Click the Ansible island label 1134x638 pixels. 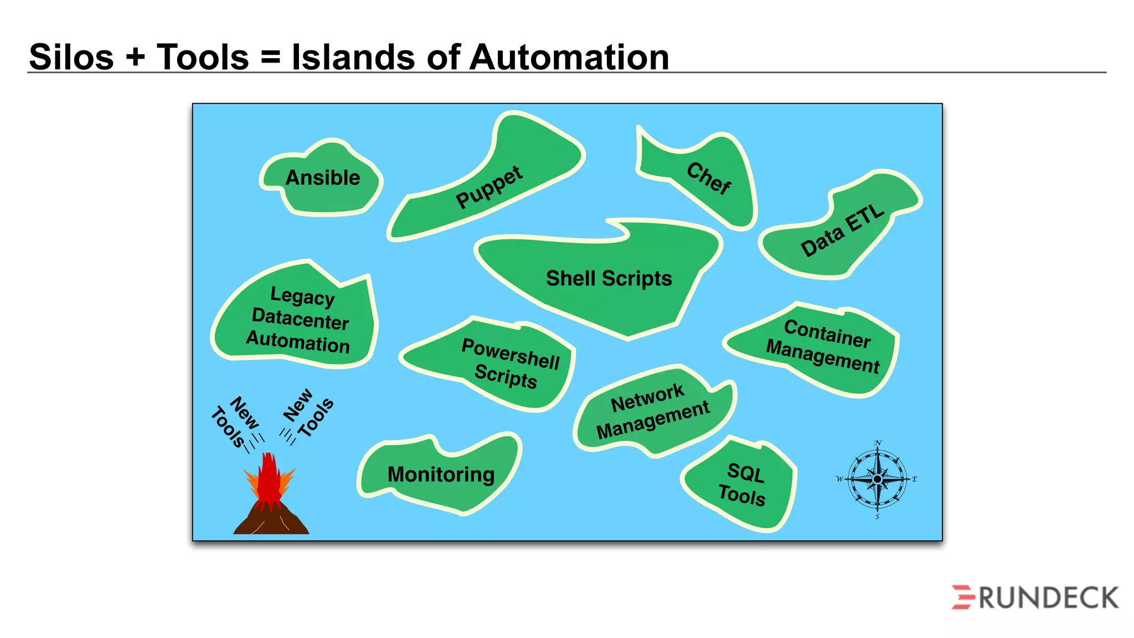pyautogui.click(x=323, y=178)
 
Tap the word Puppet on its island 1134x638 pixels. pyautogui.click(x=489, y=187)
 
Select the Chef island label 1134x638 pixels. pyautogui.click(x=709, y=178)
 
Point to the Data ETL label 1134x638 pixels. pyautogui.click(x=842, y=230)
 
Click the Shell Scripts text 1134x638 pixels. pyautogui.click(x=609, y=278)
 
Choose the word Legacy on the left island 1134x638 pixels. pyautogui.click(x=302, y=296)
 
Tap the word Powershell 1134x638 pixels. pyautogui.click(x=511, y=354)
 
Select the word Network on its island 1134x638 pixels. pyautogui.click(x=647, y=398)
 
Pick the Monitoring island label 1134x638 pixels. pyautogui.click(x=441, y=475)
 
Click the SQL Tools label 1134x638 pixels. pyautogui.click(x=743, y=484)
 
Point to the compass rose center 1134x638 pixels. pyautogui.click(x=877, y=479)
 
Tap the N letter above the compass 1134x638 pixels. pyautogui.click(x=878, y=443)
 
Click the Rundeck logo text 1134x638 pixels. pyautogui.click(x=1048, y=598)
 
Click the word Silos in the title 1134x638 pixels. pyautogui.click(x=71, y=57)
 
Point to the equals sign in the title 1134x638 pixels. pyautogui.click(x=270, y=57)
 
